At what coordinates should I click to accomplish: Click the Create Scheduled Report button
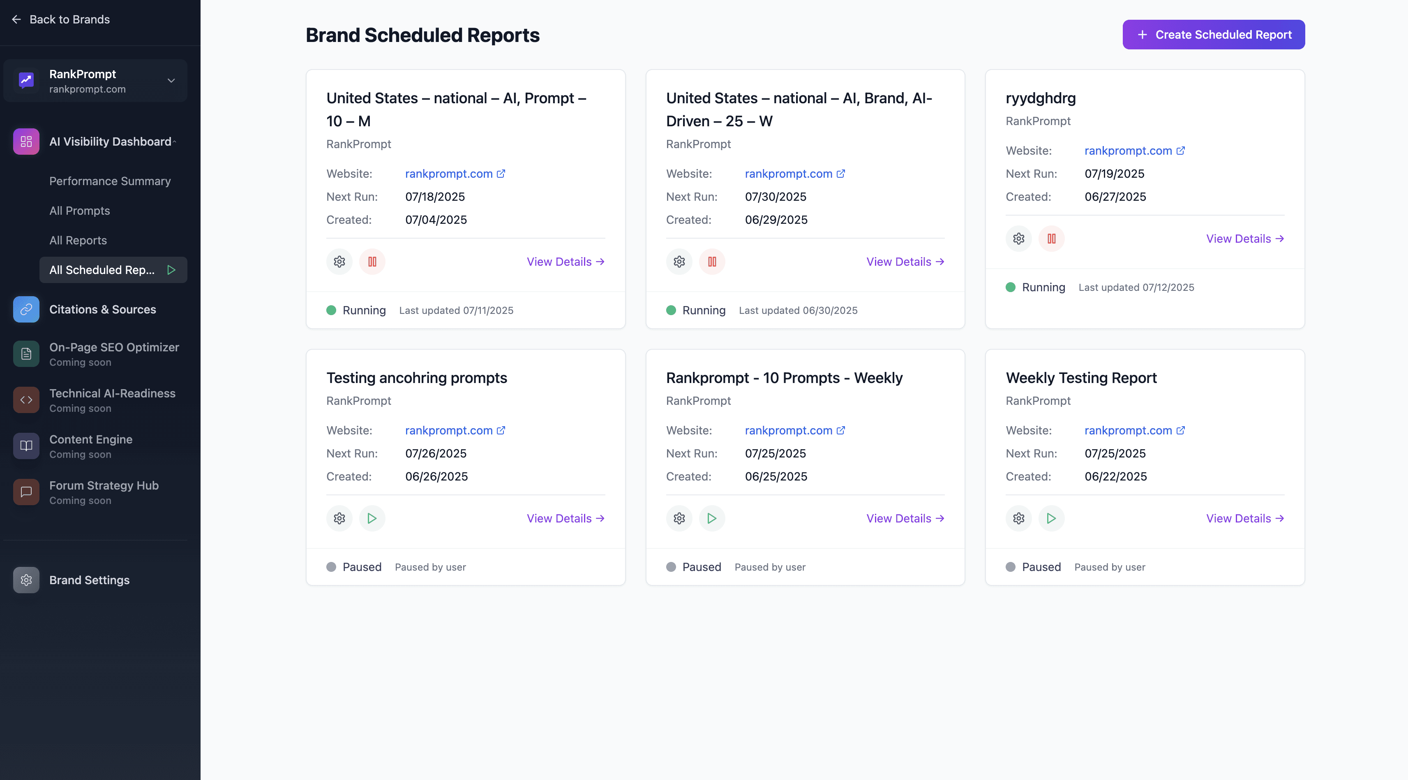point(1214,35)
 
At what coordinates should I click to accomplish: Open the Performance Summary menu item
point(110,181)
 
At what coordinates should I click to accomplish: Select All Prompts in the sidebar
point(80,211)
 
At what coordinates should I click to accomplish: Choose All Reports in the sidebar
point(78,240)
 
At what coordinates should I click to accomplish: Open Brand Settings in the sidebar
point(89,580)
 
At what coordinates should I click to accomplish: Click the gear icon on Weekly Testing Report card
point(1018,518)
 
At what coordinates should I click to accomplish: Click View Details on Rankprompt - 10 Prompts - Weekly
point(905,518)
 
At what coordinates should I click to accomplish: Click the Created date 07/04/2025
point(436,220)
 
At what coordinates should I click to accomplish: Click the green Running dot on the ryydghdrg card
point(1011,287)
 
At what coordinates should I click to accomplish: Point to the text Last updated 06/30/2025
point(798,311)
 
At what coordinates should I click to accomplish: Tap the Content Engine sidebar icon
point(26,446)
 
